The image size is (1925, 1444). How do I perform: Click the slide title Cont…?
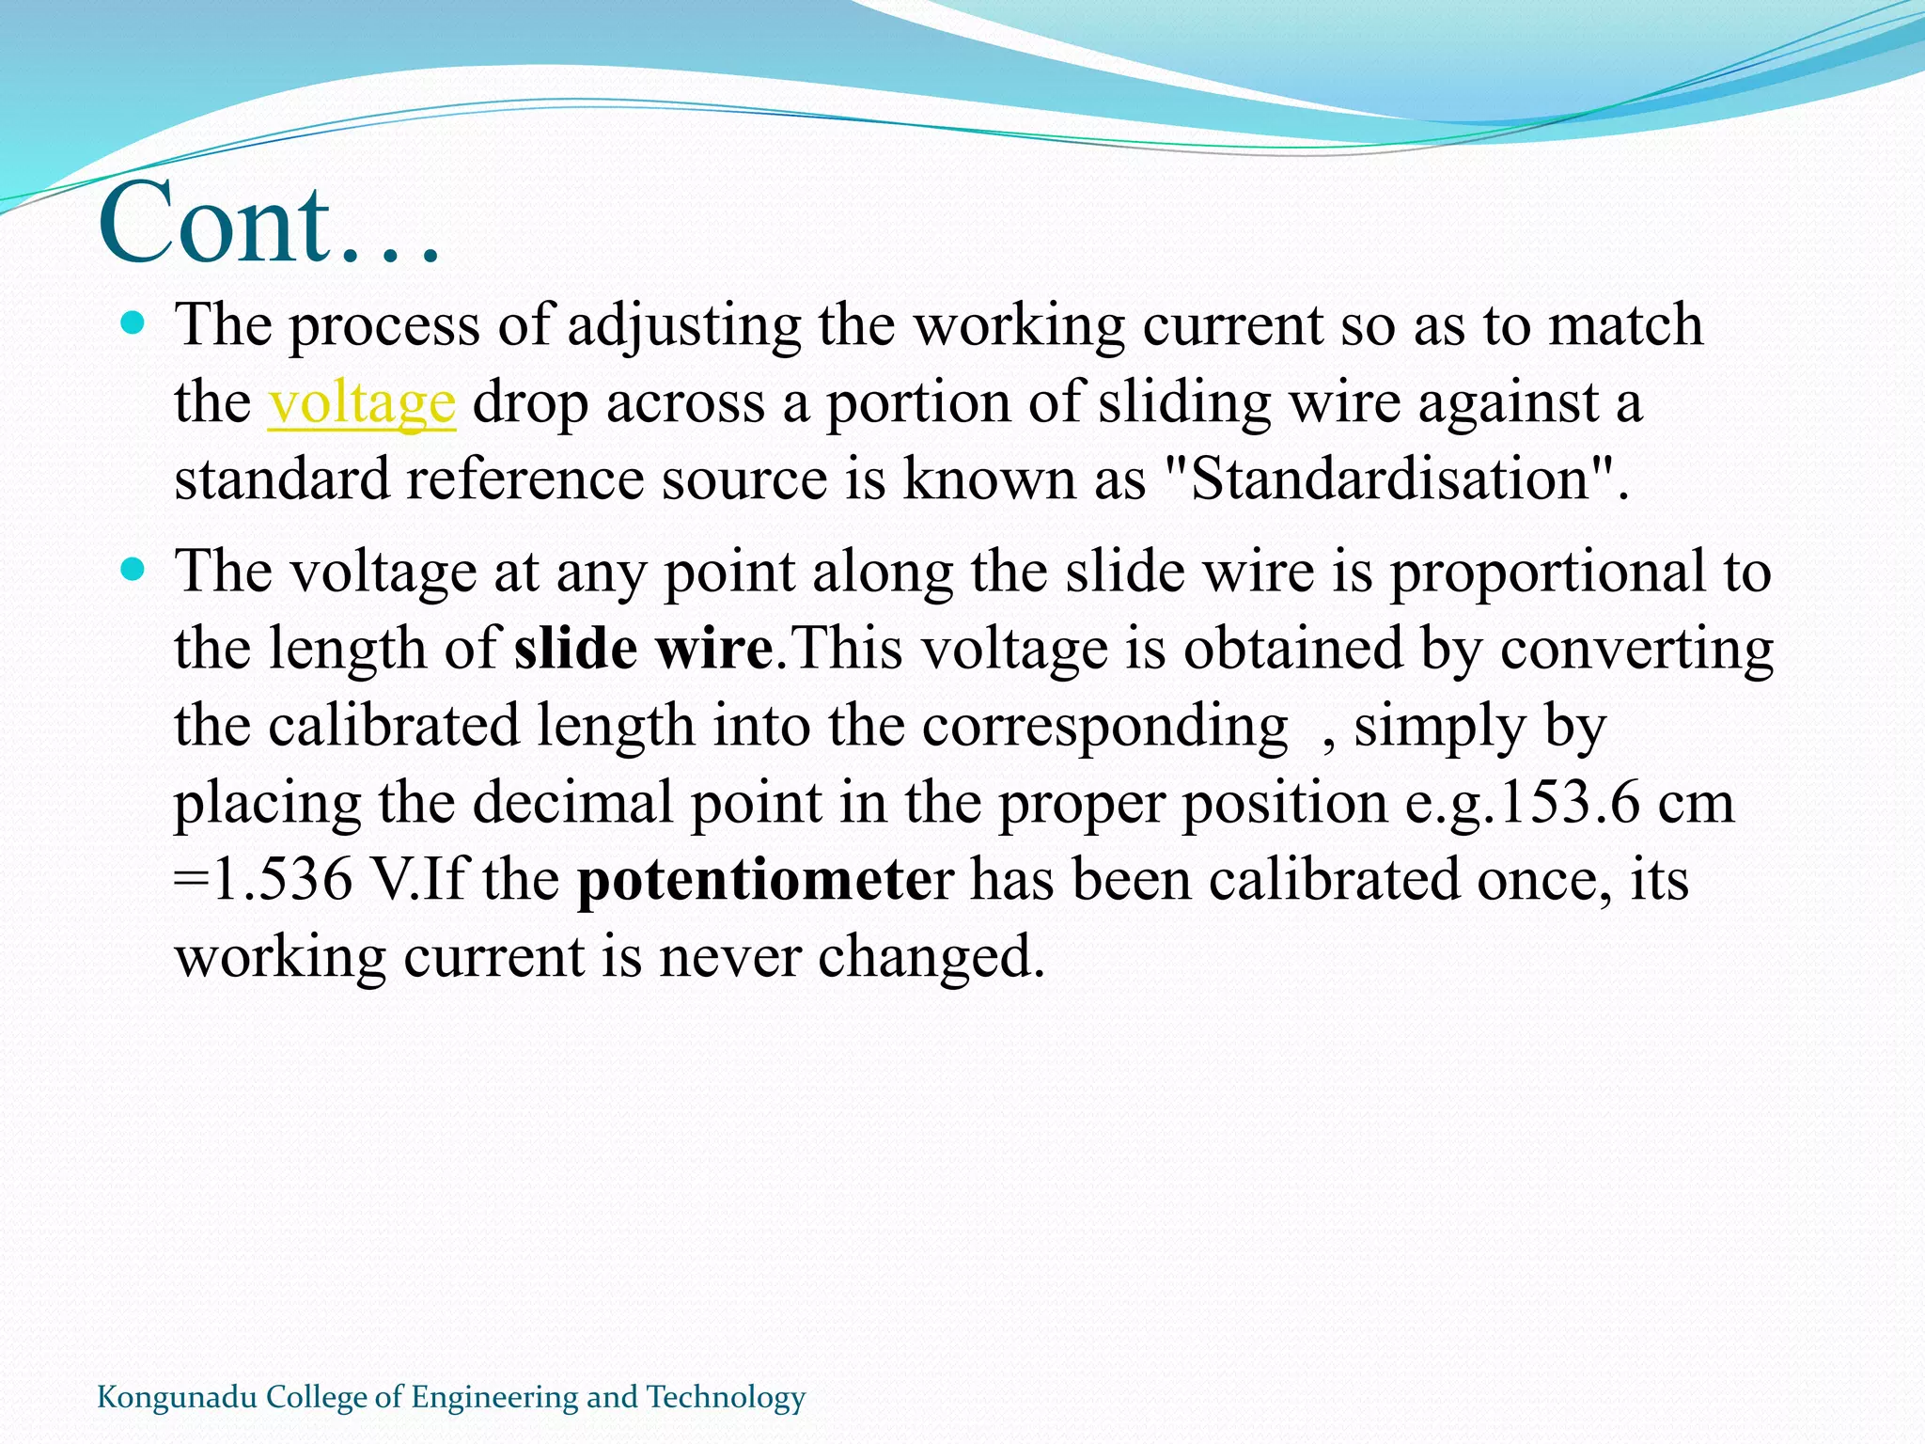pyautogui.click(x=270, y=224)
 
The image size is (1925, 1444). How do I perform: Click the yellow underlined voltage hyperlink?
pyautogui.click(x=362, y=402)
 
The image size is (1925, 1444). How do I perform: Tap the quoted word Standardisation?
pyautogui.click(x=1389, y=479)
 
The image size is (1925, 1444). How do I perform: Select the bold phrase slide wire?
pyautogui.click(x=644, y=649)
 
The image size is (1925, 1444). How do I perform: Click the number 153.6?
pyautogui.click(x=1566, y=803)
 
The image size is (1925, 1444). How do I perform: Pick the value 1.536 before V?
pyautogui.click(x=283, y=880)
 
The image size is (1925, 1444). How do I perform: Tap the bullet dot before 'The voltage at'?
pyautogui.click(x=133, y=570)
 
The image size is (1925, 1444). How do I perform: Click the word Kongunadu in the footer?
pyautogui.click(x=177, y=1397)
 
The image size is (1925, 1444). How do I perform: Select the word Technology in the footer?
pyautogui.click(x=726, y=1397)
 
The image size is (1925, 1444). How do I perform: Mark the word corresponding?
pyautogui.click(x=1104, y=727)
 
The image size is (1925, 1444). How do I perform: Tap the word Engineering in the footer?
pyautogui.click(x=495, y=1398)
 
